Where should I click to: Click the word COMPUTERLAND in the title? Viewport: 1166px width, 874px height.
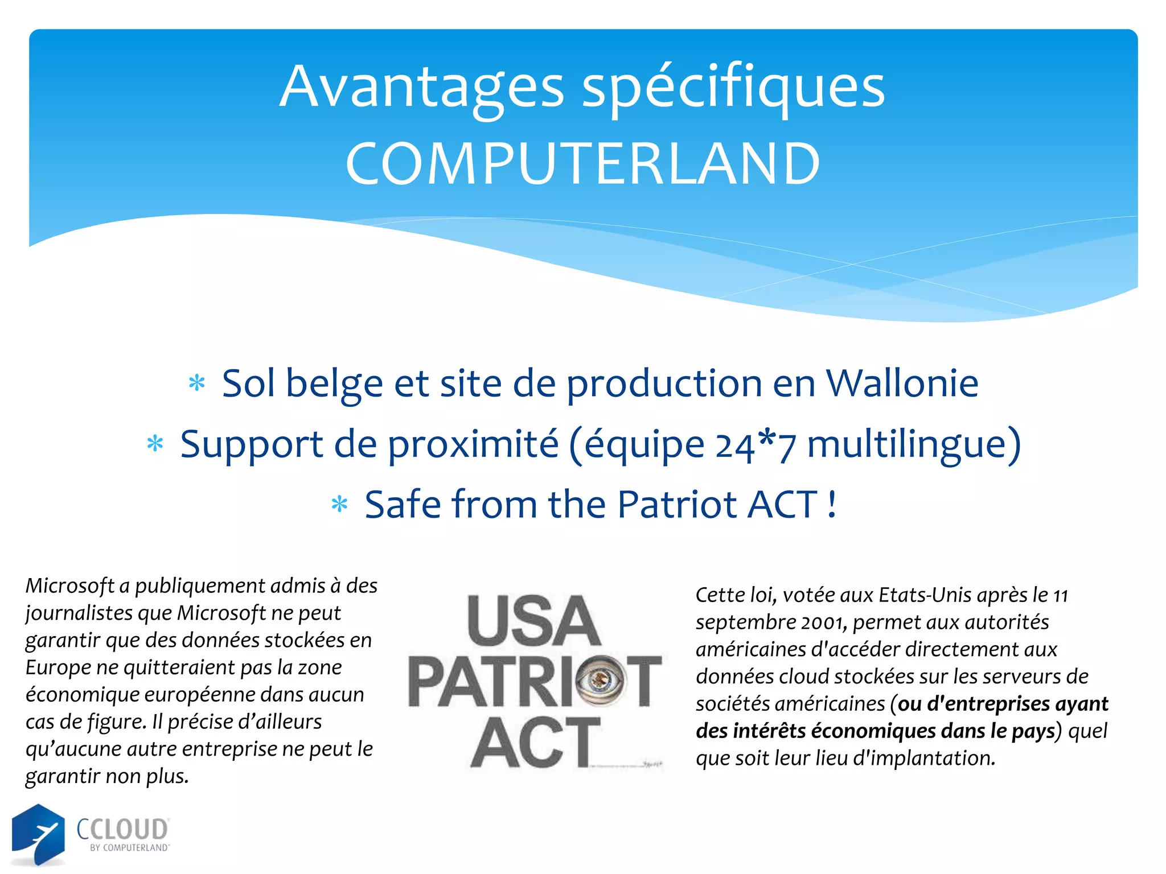(582, 164)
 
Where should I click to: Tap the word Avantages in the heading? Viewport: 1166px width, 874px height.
(421, 86)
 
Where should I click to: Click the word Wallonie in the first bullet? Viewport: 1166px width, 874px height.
(902, 383)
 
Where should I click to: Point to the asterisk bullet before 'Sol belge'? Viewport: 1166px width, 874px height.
(197, 383)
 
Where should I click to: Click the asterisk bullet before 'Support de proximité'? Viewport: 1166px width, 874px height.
(155, 443)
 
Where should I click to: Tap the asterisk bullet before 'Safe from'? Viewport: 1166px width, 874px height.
(339, 504)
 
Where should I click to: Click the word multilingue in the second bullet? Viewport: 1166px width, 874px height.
(908, 444)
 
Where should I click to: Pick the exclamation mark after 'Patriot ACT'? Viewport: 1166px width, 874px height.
(832, 504)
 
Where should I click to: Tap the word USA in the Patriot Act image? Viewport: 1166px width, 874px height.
(533, 621)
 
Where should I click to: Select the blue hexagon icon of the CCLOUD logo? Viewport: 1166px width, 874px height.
(38, 833)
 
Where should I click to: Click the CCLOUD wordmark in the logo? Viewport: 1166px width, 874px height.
(122, 829)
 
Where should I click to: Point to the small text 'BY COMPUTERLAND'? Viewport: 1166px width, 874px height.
(129, 848)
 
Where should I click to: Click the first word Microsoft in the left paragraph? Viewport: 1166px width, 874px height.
(70, 586)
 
